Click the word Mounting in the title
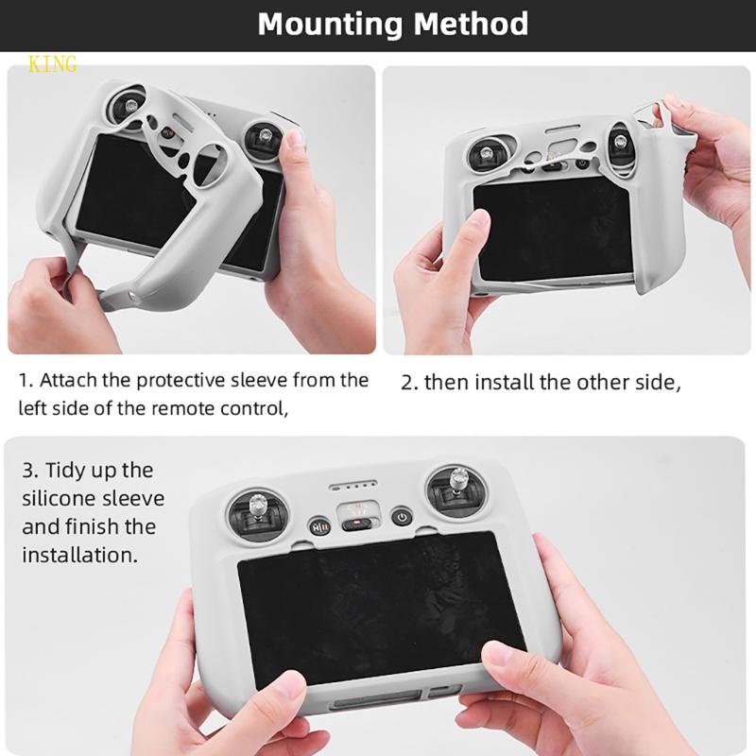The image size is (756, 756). pyautogui.click(x=330, y=25)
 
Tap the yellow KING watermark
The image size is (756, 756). pyautogui.click(x=53, y=63)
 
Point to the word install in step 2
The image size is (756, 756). pyautogui.click(x=504, y=382)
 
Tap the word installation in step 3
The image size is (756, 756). pyautogui.click(x=79, y=555)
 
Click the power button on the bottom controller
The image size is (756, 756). pyautogui.click(x=402, y=517)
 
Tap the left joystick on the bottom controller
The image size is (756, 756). pyautogui.click(x=257, y=511)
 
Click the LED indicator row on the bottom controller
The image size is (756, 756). pyautogui.click(x=352, y=485)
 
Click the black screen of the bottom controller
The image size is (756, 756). pyautogui.click(x=381, y=608)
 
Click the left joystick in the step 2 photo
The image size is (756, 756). pyautogui.click(x=487, y=154)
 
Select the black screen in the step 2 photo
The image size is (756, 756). pyautogui.click(x=553, y=229)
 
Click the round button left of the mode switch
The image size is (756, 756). pyautogui.click(x=319, y=525)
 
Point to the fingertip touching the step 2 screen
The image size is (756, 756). pyautogui.click(x=479, y=220)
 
